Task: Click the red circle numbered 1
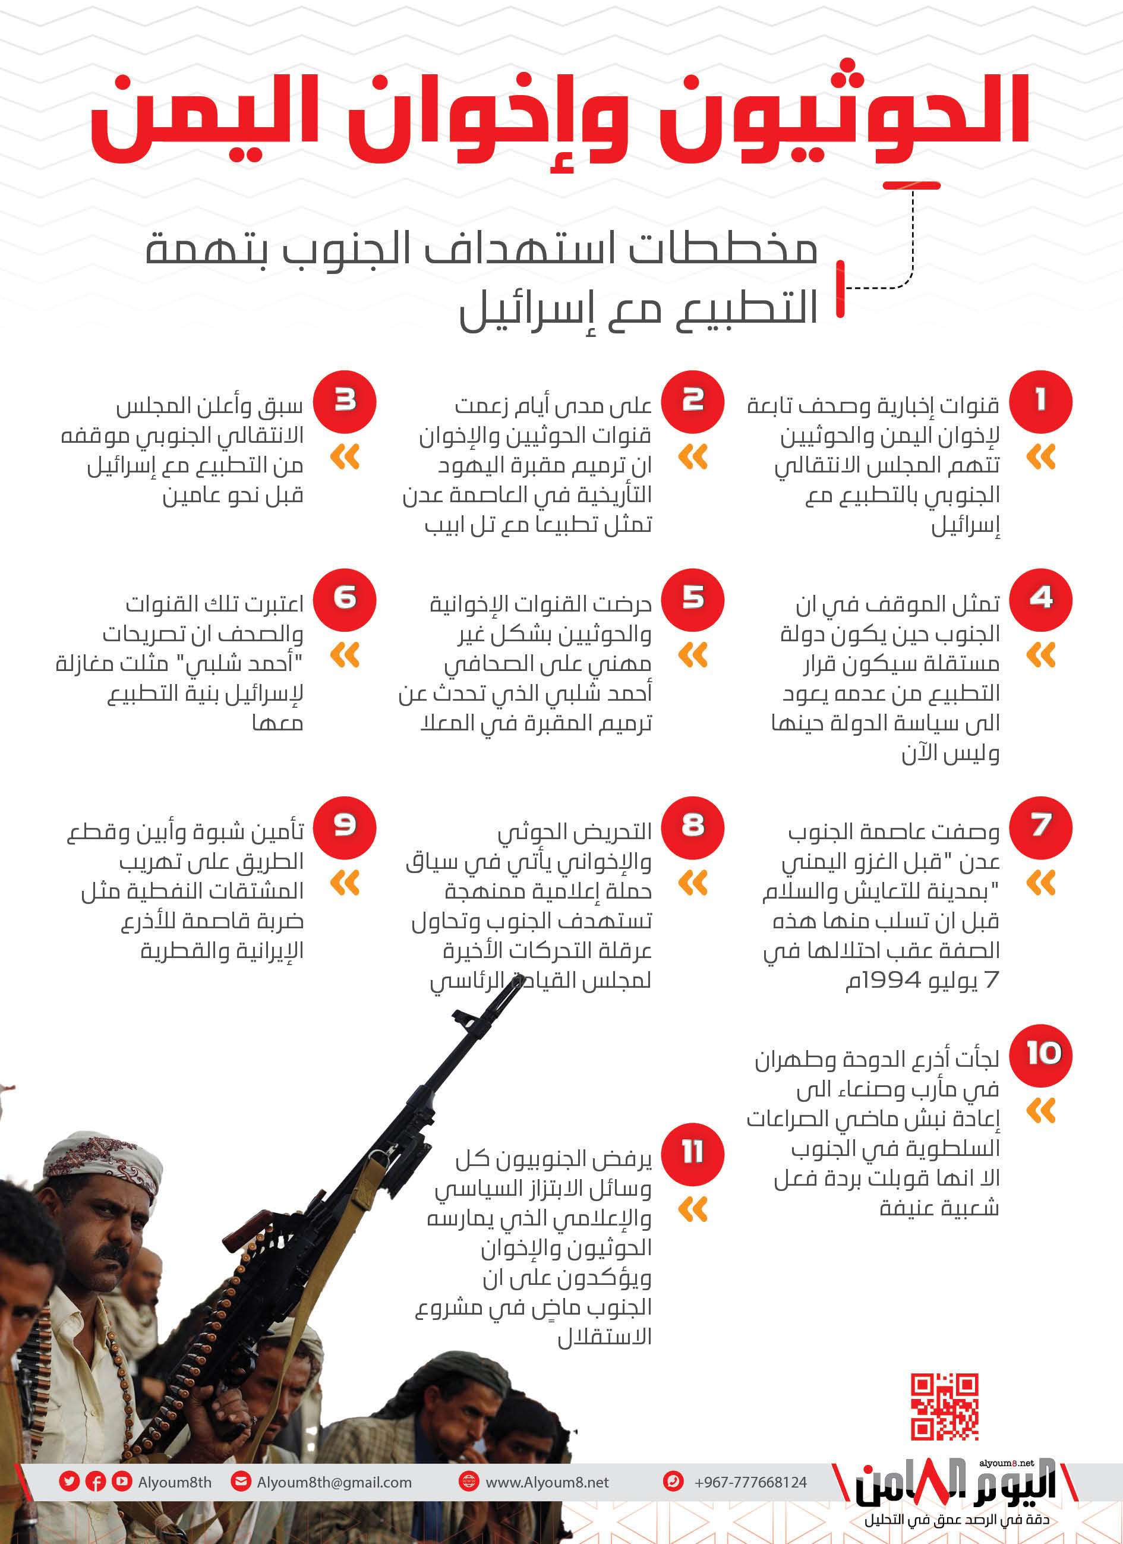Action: pyautogui.click(x=1040, y=402)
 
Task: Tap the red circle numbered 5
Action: pyautogui.click(x=693, y=599)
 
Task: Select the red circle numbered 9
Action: pyautogui.click(x=345, y=825)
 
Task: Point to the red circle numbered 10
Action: pyautogui.click(x=1040, y=1054)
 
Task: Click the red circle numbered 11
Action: pyautogui.click(x=693, y=1152)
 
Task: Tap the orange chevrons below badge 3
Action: pyautogui.click(x=345, y=457)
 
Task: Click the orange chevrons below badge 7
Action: pyautogui.click(x=1040, y=883)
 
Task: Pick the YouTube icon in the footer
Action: pyautogui.click(x=122, y=1482)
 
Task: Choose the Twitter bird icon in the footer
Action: pyautogui.click(x=69, y=1482)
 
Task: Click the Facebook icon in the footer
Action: pyautogui.click(x=95, y=1482)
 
